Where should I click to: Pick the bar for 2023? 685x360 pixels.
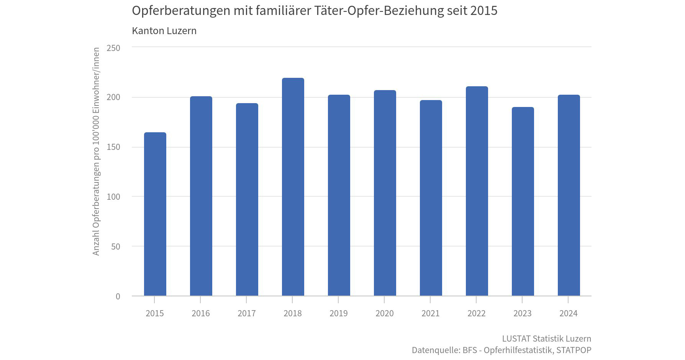pos(523,201)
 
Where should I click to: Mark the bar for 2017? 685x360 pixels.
pos(247,199)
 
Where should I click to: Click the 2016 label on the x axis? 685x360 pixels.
pos(201,313)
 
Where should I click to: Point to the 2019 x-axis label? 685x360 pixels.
pos(339,313)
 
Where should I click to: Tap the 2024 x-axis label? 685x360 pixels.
pos(569,313)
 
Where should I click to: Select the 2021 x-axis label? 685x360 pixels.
pos(431,313)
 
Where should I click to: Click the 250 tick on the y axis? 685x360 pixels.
pos(113,48)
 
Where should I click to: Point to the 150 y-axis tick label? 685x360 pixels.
pos(113,147)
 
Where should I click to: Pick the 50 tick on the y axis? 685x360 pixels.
pos(116,247)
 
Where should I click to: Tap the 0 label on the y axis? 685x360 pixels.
pos(118,296)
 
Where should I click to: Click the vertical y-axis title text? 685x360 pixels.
pos(96,151)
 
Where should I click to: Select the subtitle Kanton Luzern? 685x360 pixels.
pos(164,31)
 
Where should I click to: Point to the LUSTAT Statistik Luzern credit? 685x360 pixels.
pos(546,339)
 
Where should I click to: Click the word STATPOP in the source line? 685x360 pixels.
pos(574,350)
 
